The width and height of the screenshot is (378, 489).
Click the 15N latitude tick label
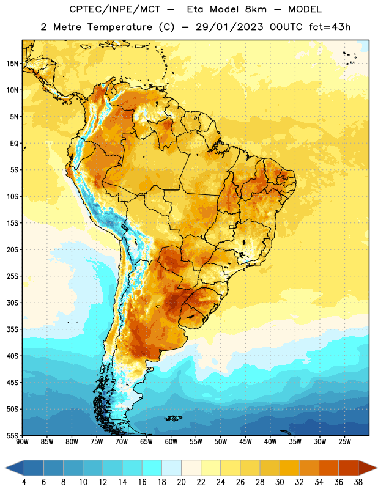coord(12,64)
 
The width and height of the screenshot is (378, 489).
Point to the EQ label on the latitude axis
coord(14,144)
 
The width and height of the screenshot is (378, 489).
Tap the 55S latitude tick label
coord(12,435)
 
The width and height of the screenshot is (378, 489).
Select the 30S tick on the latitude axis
coord(12,303)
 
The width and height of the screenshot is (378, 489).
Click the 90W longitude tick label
coord(22,442)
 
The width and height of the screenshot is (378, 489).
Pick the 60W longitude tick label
coord(171,442)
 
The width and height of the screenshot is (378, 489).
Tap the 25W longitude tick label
coord(344,442)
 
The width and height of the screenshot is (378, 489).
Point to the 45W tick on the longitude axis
coord(245,442)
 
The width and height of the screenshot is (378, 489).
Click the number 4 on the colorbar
coord(24,482)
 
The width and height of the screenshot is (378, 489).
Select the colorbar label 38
coord(358,482)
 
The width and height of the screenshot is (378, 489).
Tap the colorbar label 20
coord(181,482)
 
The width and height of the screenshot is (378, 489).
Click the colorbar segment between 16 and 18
coord(152,468)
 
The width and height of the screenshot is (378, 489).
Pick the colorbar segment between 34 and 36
coord(328,468)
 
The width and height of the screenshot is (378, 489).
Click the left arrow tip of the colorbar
coord(5,468)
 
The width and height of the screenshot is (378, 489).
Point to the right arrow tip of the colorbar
coord(377,468)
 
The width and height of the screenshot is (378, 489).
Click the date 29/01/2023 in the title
coord(229,27)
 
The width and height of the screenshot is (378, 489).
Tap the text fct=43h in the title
coord(330,27)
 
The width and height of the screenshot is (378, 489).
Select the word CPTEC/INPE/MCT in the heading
coord(115,9)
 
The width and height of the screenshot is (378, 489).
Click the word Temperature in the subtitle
coord(120,27)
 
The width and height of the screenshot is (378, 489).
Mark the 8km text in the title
coord(256,9)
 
